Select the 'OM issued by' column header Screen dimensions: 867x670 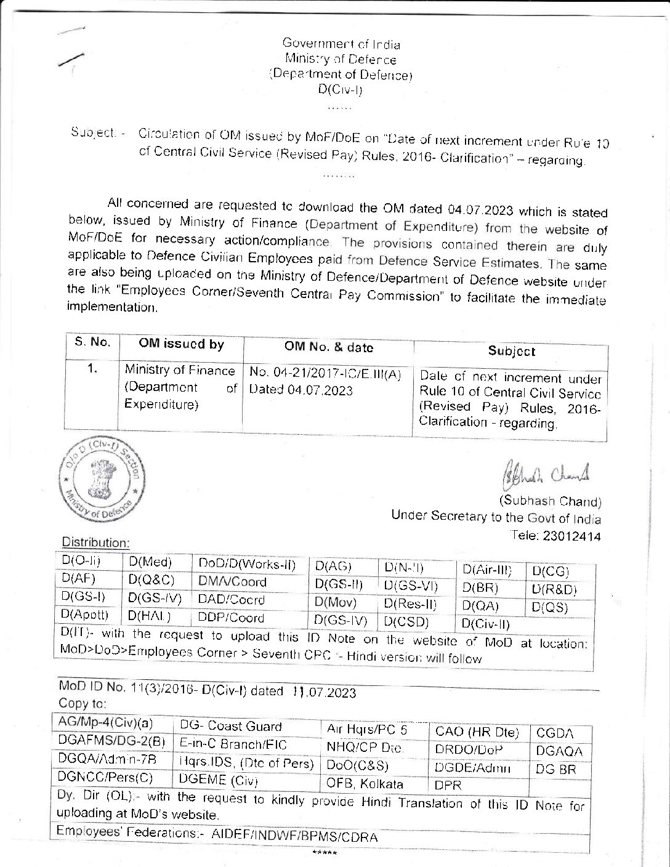[181, 344]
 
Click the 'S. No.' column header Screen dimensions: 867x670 [92, 342]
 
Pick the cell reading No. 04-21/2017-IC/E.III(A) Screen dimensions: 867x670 [326, 373]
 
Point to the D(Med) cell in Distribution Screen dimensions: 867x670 [150, 562]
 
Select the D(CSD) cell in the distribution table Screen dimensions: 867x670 [406, 621]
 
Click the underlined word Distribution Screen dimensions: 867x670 [95, 542]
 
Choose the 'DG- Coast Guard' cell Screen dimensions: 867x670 [231, 726]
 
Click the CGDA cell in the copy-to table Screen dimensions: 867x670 [555, 733]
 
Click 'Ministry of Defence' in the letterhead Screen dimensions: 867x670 [340, 60]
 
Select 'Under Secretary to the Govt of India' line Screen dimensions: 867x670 [496, 517]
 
